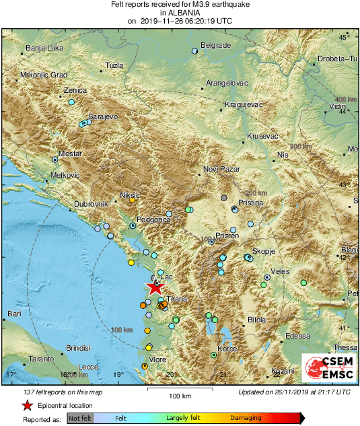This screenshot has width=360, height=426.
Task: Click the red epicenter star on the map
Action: tap(155, 287)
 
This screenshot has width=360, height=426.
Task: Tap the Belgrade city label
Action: tap(217, 45)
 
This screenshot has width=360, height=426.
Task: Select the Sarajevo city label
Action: tap(103, 116)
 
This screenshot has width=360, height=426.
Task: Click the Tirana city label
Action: tap(176, 298)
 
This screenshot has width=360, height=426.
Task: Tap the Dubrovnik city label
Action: tap(91, 203)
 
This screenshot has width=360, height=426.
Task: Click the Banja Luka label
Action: tap(44, 48)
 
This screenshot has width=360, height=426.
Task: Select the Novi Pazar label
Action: tap(221, 170)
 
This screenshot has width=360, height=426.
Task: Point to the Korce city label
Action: tap(227, 349)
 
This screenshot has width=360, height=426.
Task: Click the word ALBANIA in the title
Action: tap(180, 12)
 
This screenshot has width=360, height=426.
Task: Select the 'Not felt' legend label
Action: tap(80, 418)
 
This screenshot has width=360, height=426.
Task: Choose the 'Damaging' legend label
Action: tap(246, 418)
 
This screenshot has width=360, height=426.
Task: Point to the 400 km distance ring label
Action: tap(345, 99)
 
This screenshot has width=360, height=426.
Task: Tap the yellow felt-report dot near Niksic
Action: tap(132, 200)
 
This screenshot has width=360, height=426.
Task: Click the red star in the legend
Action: tap(27, 405)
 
